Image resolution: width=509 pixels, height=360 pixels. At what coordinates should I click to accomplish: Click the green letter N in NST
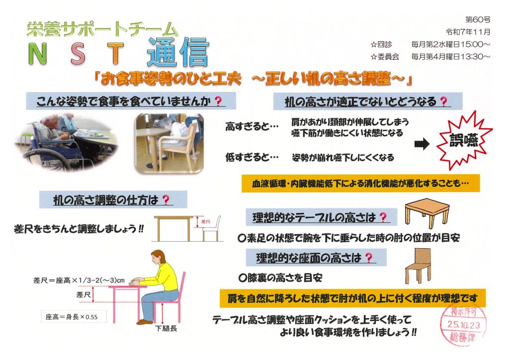point(38,54)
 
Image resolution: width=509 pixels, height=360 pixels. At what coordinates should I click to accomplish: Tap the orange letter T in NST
point(115,54)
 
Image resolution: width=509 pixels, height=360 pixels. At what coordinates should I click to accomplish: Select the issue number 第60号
point(478,20)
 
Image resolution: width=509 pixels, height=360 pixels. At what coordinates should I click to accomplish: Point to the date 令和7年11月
point(468,32)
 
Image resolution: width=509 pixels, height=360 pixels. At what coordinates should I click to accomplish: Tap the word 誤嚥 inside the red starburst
point(464,140)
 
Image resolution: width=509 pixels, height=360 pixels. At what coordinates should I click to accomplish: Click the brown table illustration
point(427,213)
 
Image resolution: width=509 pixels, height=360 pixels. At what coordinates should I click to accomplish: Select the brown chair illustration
point(419,266)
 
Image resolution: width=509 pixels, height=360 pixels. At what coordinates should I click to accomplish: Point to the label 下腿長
point(166,329)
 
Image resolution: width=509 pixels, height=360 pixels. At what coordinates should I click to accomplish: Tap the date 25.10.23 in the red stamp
point(463,325)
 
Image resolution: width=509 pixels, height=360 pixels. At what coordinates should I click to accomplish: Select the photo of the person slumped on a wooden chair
point(170,143)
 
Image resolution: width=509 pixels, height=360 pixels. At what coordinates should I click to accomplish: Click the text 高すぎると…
point(252,126)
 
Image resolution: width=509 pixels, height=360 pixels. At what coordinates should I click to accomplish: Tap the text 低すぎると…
point(252,158)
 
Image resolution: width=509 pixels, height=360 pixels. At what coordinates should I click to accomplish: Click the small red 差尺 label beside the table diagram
point(206,222)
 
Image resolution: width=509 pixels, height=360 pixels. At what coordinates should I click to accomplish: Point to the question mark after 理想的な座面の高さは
point(369,258)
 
